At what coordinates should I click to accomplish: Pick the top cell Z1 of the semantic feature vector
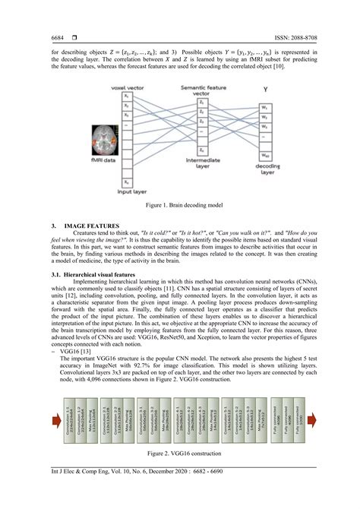[201, 103]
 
